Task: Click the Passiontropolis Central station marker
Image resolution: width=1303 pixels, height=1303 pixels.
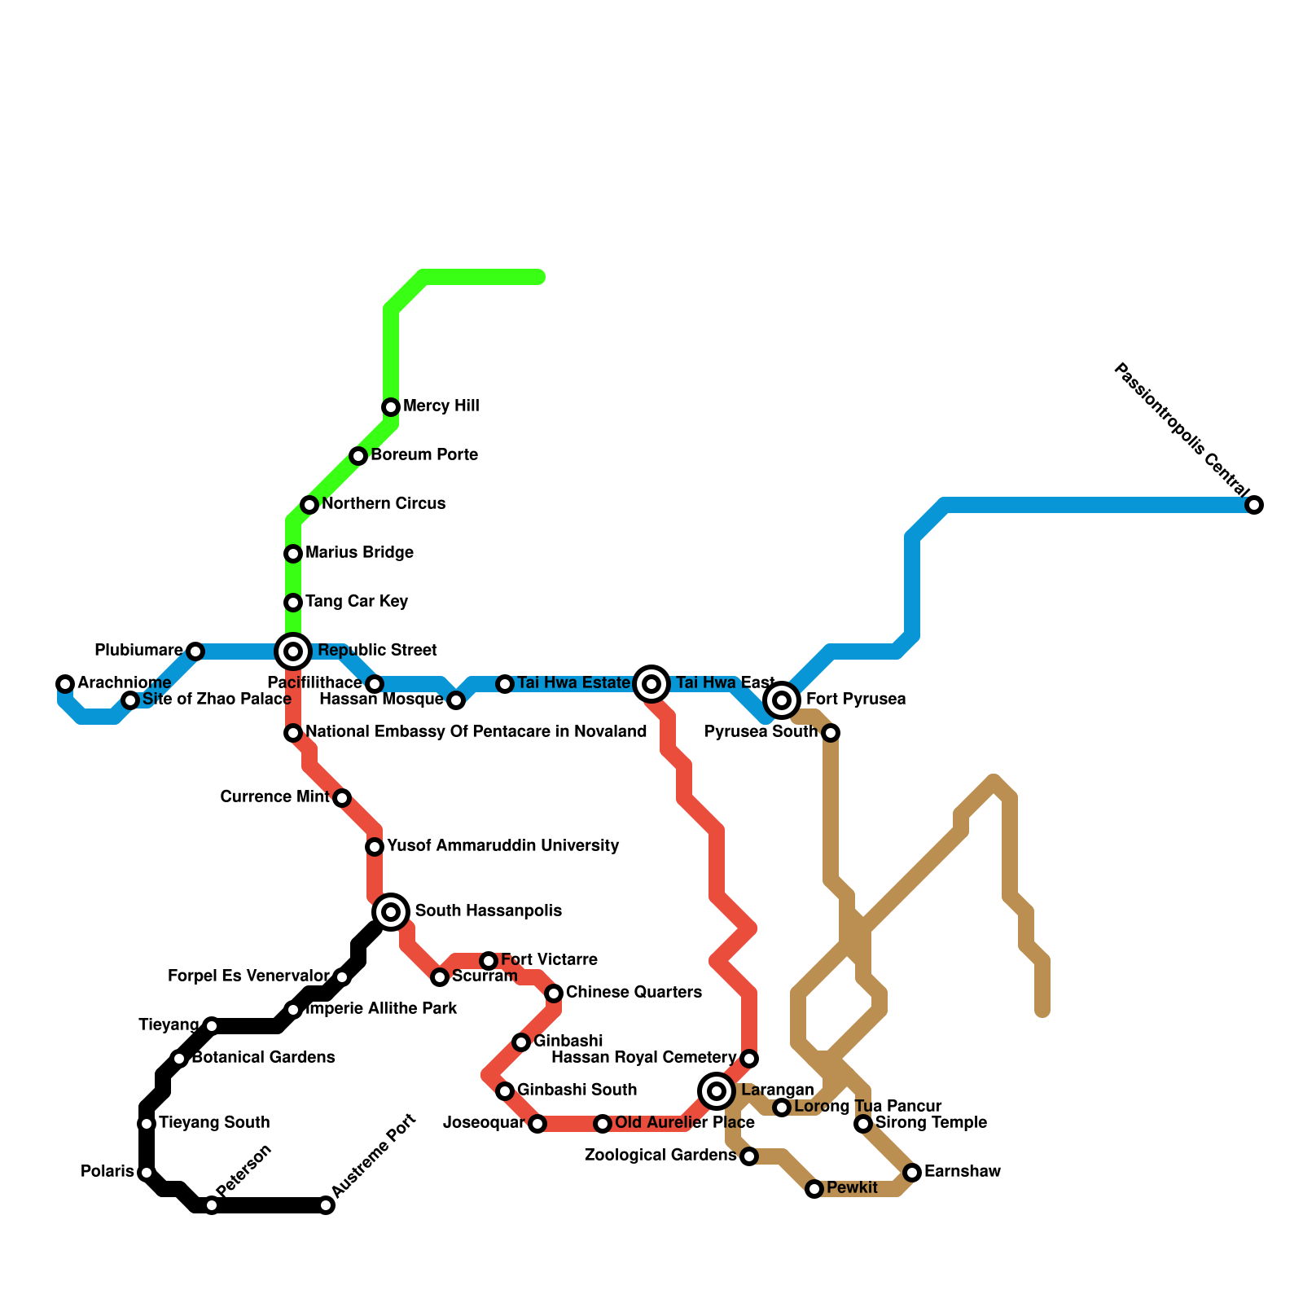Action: coord(1254,505)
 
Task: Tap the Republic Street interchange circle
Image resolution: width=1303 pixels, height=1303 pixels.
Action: coord(293,651)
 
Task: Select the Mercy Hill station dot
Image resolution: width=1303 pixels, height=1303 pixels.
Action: coord(391,406)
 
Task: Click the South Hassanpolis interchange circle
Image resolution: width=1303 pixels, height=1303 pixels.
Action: coord(391,911)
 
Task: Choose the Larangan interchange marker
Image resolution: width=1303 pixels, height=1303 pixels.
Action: coord(717,1090)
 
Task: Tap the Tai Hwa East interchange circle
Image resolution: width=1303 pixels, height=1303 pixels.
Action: coord(651,683)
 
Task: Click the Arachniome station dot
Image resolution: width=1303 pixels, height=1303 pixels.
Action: coord(65,683)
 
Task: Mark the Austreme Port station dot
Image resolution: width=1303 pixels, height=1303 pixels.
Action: coord(326,1205)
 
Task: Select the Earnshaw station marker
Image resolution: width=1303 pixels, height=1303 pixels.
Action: coord(912,1172)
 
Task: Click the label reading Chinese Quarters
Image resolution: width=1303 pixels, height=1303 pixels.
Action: coord(633,992)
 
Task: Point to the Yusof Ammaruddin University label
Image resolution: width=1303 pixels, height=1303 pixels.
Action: coord(502,845)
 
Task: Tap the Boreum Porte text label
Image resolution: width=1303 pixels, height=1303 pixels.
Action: coord(423,454)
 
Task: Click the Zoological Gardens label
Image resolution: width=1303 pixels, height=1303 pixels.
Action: coord(660,1155)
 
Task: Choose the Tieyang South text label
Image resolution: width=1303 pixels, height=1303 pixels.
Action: coord(213,1122)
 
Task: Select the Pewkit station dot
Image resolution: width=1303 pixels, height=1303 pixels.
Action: coord(814,1189)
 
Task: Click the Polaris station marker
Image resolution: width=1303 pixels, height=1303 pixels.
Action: coord(146,1173)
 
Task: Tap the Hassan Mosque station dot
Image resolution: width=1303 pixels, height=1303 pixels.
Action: coord(456,700)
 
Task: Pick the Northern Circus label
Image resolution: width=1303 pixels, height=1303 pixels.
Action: coord(383,503)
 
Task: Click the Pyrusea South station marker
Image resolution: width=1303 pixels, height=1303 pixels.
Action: coord(830,733)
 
